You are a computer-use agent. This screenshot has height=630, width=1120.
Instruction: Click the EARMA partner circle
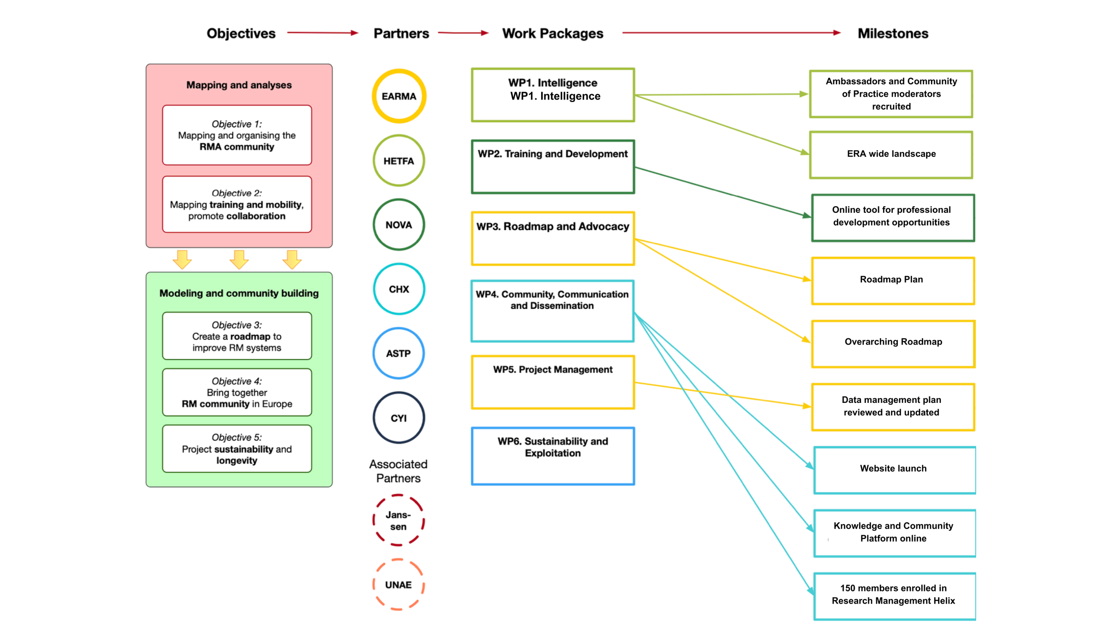[399, 96]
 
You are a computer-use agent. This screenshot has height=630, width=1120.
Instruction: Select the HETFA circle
[399, 160]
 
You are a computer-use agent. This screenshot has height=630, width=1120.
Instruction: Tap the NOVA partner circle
[399, 224]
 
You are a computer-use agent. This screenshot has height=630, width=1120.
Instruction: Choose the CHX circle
[399, 289]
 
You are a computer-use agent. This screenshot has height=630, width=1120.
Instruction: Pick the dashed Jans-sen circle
[398, 520]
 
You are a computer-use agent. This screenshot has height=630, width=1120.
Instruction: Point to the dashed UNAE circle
[398, 584]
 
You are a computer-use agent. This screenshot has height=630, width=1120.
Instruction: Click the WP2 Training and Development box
[553, 167]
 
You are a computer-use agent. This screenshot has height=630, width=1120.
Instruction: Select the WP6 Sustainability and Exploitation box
[553, 456]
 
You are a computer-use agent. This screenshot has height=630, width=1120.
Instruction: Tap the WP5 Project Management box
[553, 382]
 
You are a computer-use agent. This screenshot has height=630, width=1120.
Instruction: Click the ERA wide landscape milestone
[891, 155]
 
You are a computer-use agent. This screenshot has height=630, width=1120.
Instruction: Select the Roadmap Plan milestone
[893, 280]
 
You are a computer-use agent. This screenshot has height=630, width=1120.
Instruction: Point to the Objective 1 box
[237, 135]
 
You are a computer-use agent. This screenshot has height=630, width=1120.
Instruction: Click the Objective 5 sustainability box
[237, 449]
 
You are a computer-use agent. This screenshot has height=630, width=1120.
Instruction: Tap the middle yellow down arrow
[239, 259]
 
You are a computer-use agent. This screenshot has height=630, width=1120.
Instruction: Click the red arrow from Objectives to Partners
[323, 33]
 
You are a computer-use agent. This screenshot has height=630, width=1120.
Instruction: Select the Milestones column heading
[892, 34]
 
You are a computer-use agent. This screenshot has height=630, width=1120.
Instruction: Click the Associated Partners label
[398, 471]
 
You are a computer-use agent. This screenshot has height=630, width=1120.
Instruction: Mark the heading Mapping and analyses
[239, 85]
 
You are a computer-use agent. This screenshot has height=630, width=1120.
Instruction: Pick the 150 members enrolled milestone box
[894, 596]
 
